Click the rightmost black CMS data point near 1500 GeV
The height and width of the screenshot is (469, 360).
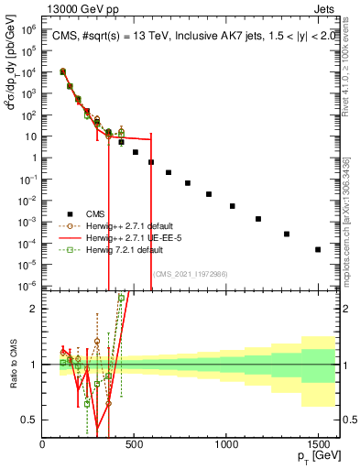(x=318, y=249)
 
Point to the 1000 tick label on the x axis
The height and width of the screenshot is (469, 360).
(x=226, y=443)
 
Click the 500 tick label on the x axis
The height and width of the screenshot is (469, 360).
(x=135, y=443)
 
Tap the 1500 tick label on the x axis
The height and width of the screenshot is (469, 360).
(x=318, y=443)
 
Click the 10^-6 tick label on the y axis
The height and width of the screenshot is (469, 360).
(x=27, y=286)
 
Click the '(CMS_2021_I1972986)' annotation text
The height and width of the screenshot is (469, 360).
(x=191, y=274)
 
